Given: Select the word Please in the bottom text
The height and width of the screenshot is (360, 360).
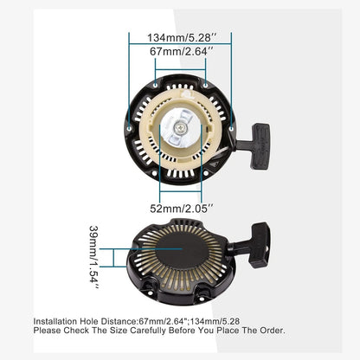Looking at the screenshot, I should pos(48,330).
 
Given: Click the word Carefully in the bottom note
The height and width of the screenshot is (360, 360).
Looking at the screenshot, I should pos(142,330).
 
